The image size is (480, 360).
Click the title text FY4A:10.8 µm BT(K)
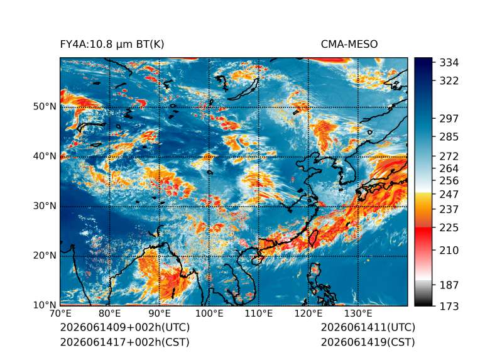[112, 45]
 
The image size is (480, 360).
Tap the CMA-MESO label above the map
[349, 45]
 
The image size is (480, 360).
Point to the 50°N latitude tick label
[45, 107]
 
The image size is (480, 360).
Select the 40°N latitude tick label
[45, 156]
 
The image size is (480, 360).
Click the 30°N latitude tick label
[45, 205]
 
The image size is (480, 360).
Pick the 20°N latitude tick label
[45, 255]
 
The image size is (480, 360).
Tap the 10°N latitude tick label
[45, 305]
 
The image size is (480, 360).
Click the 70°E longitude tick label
[60, 314]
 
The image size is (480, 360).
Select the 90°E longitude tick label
[159, 314]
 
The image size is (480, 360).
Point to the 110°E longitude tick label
[259, 314]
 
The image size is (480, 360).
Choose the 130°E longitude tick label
[358, 314]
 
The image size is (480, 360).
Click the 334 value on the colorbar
[449, 63]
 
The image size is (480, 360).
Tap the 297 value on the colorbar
[449, 119]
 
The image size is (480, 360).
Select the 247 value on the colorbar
[449, 194]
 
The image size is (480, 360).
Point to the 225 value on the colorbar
[449, 228]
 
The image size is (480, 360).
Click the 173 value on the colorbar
[449, 306]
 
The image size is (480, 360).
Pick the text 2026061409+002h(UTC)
[125, 327]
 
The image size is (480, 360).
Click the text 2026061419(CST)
[368, 342]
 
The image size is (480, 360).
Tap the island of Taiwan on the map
[313, 238]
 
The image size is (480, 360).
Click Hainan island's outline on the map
[256, 260]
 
